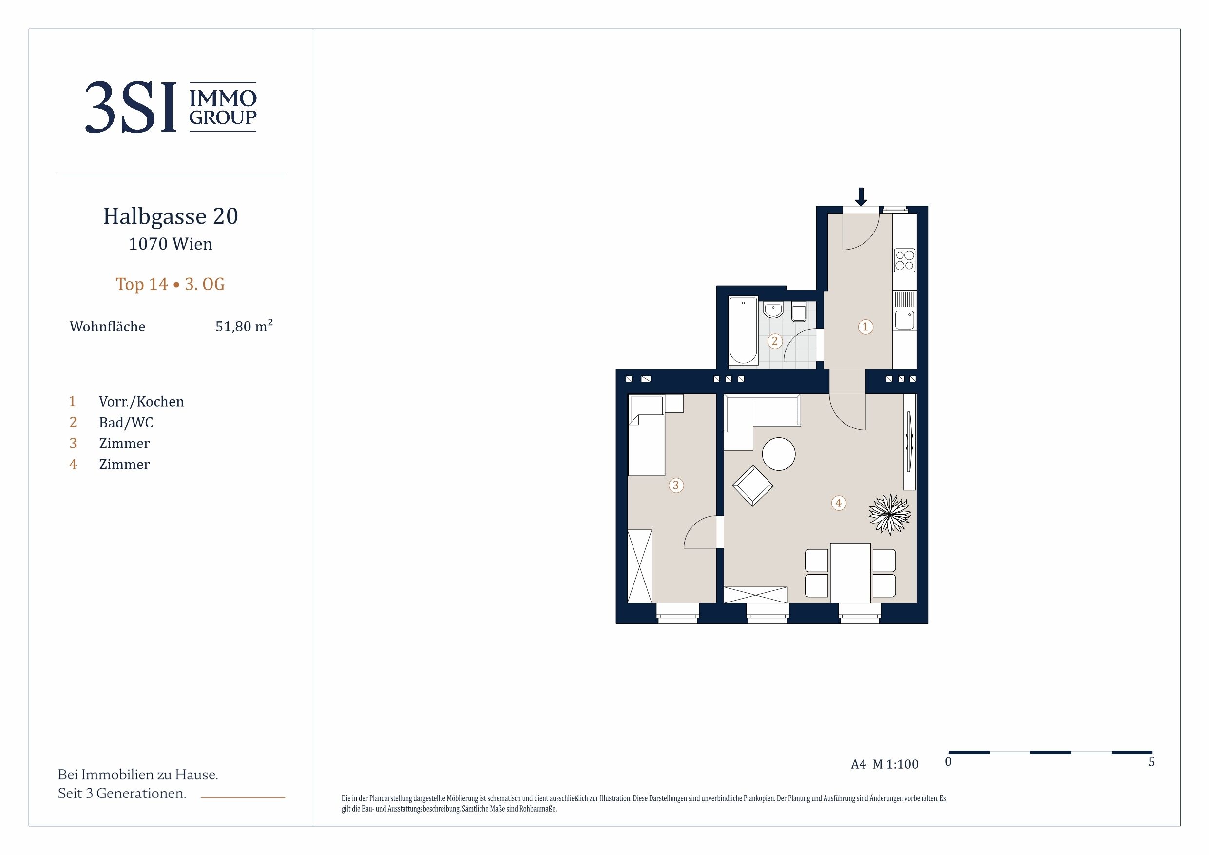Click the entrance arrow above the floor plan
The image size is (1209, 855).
(x=861, y=196)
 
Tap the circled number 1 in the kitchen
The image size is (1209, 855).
(x=865, y=327)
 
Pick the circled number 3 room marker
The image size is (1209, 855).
(x=675, y=485)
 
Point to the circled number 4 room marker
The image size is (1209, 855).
(x=838, y=503)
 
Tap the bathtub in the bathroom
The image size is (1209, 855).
(x=743, y=330)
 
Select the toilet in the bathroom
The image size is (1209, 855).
(x=799, y=313)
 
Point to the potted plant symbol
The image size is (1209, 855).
(x=889, y=514)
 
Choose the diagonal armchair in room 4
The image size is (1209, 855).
(x=752, y=486)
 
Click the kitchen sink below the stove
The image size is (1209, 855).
(x=904, y=320)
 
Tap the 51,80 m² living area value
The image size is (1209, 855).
(x=244, y=326)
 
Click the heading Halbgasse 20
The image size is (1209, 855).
(x=171, y=216)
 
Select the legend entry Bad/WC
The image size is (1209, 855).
(x=126, y=423)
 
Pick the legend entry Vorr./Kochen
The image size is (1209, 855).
(x=141, y=402)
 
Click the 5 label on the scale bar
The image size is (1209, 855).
(x=1151, y=762)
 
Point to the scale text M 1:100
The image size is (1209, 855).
(x=895, y=764)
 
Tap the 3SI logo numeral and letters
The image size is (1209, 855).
(x=131, y=107)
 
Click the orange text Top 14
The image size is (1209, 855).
(x=142, y=284)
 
